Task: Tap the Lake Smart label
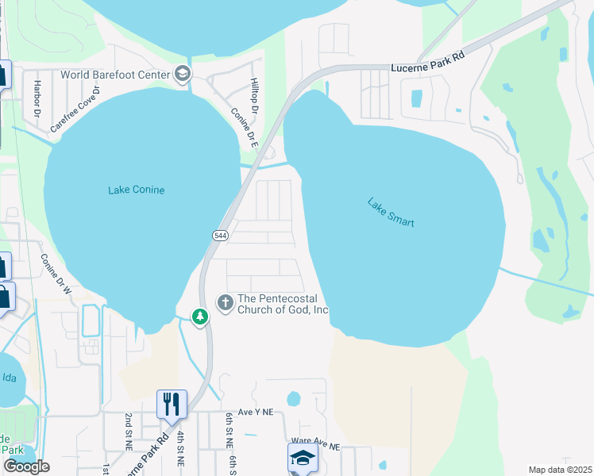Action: coord(391,212)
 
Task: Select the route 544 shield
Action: coord(221,236)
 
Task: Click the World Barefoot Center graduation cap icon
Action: coord(183,75)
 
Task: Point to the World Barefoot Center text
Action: coord(116,75)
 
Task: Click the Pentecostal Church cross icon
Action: coord(226,301)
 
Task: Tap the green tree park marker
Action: coord(200,317)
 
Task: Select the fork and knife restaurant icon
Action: coord(172,404)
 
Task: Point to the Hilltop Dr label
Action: coord(254,94)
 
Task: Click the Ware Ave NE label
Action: coord(315,447)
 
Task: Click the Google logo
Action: coord(26,466)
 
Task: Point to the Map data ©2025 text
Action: coord(559,470)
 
